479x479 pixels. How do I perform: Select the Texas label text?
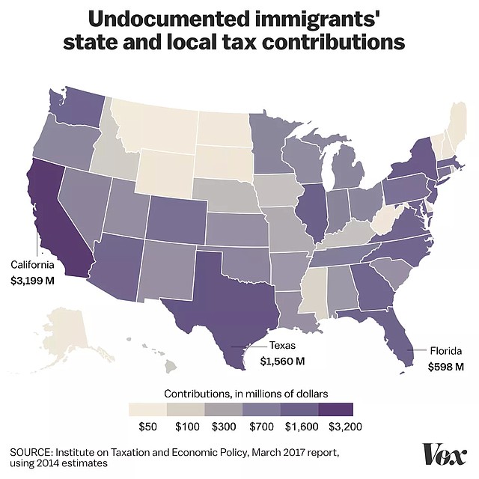pyautogui.click(x=283, y=345)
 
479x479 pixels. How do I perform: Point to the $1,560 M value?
pyautogui.click(x=282, y=361)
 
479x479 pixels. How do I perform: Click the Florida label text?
pyautogui.click(x=445, y=350)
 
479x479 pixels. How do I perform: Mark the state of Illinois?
pyautogui.click(x=314, y=210)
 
